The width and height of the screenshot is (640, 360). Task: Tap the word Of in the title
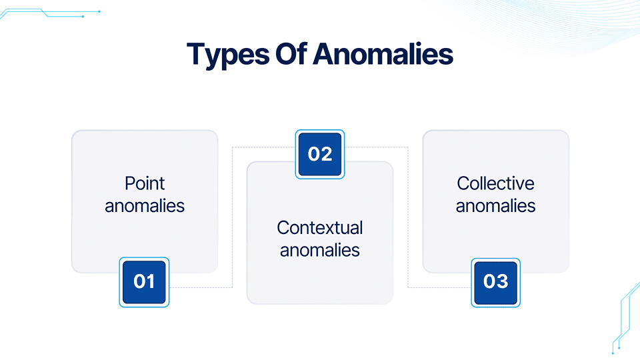point(291,53)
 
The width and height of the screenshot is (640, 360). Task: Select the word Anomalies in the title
point(383,54)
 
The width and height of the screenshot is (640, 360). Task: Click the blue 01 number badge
point(144,282)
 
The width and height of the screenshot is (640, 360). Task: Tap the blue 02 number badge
point(320,154)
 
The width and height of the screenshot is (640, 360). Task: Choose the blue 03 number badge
point(495,283)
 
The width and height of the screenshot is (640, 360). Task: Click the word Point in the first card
point(145,183)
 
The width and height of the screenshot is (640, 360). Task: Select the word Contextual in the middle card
point(319,228)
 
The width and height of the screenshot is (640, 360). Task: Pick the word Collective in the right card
point(495,183)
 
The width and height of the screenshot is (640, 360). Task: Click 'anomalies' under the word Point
point(145,206)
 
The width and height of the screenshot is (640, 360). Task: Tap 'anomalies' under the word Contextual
point(319,250)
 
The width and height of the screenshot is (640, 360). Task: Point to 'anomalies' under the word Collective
point(495,206)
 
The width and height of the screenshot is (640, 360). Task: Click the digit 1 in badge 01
point(151,281)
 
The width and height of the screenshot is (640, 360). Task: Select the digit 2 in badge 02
point(327,154)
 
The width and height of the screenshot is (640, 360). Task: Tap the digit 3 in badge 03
point(502,281)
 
